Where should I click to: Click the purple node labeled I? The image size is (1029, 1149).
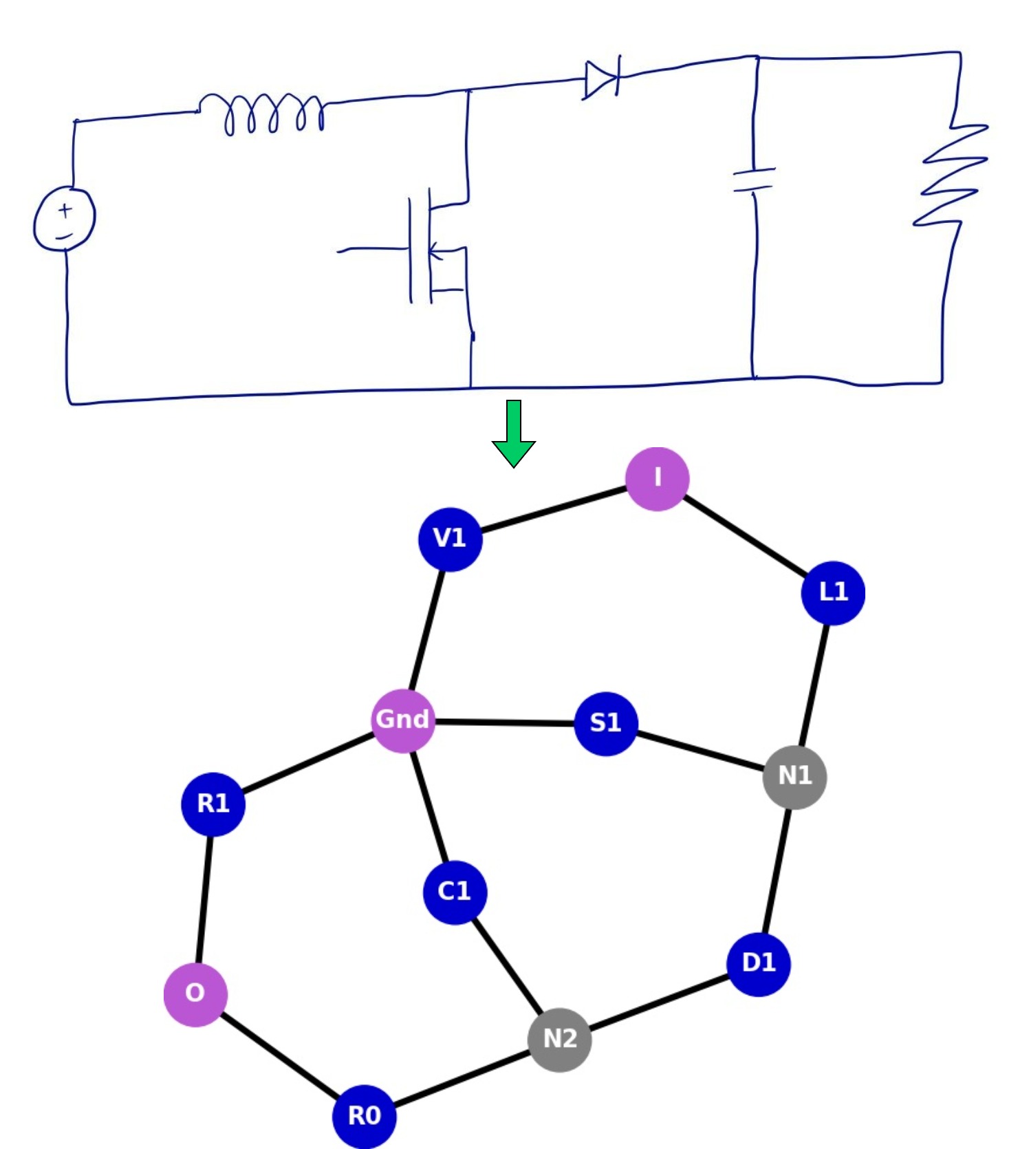coord(657,479)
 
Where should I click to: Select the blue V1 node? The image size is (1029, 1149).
coord(450,539)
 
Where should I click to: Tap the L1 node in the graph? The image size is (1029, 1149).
coord(832,592)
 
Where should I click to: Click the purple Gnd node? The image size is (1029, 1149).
coord(403,720)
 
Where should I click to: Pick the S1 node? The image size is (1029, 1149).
coord(605,723)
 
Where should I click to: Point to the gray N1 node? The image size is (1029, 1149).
coord(794,777)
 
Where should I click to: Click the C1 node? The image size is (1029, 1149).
coord(455,892)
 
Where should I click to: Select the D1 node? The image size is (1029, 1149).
coord(758,964)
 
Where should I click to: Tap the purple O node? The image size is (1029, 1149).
coord(195,994)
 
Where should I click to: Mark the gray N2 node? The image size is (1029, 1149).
coord(559,1040)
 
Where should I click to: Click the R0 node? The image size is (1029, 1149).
coord(364,1116)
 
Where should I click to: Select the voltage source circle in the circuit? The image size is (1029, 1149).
coord(65,219)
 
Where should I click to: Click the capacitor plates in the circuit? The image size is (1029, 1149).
coord(754,180)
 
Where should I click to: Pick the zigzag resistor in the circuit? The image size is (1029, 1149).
coord(953,175)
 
